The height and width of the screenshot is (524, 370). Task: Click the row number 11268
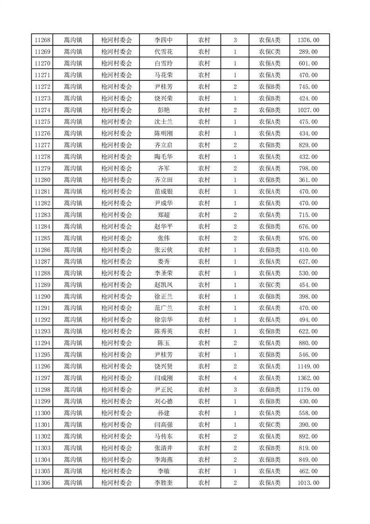42,40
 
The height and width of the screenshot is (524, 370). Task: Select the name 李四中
163,40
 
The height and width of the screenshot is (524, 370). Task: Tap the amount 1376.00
308,40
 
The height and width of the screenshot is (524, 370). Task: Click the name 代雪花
163,52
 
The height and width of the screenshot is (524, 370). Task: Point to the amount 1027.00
308,110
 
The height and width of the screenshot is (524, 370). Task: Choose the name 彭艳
163,110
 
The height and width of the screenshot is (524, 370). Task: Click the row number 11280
42,180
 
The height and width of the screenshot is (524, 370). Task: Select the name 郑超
163,215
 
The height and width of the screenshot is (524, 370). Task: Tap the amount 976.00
308,238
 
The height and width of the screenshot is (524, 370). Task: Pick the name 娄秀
163,262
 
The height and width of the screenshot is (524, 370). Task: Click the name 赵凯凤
163,285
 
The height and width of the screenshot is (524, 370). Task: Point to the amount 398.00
308,297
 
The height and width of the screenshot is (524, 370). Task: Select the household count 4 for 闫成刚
235,378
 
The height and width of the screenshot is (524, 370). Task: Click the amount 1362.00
308,378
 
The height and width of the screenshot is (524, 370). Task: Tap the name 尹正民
163,389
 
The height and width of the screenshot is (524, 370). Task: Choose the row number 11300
42,413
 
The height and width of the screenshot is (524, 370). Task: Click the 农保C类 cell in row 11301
270,425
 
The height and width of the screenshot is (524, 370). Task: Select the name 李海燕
163,460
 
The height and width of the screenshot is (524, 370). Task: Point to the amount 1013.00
308,483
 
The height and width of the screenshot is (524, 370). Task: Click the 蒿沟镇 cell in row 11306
73,483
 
